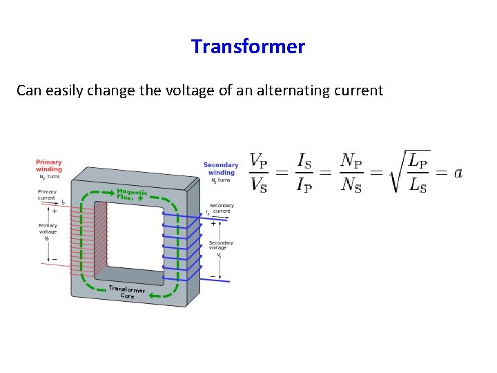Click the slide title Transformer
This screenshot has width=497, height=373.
tap(248, 46)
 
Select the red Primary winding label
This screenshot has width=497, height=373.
tap(49, 166)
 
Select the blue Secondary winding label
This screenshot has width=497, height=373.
tap(221, 168)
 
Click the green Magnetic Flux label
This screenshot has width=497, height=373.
tap(132, 194)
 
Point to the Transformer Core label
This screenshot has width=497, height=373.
tap(127, 292)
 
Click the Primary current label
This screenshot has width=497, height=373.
tap(48, 194)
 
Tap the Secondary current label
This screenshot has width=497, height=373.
tap(222, 208)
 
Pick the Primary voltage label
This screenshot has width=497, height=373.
tap(48, 228)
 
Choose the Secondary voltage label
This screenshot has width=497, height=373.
tap(221, 245)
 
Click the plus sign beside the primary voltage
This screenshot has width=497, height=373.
tap(55, 211)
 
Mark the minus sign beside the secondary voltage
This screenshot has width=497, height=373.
tap(213, 275)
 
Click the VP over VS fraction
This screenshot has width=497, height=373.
tap(258, 173)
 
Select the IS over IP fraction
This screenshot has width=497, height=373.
tap(304, 173)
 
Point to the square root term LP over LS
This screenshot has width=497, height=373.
tap(410, 172)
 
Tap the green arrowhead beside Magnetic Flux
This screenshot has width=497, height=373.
tap(140, 198)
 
